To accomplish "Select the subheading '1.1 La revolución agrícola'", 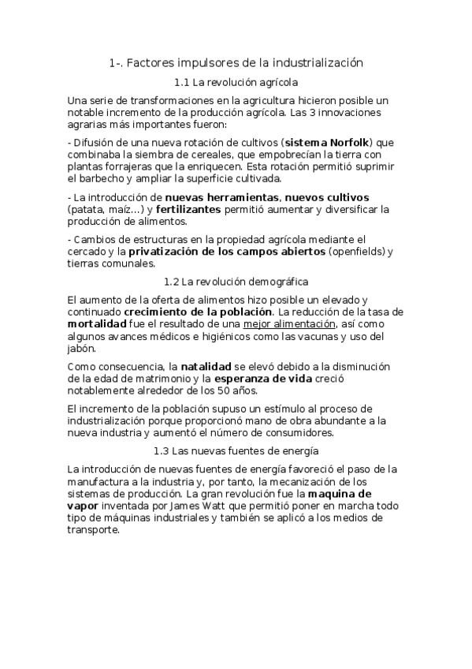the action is coord(236,81).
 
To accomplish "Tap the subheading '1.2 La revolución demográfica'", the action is coord(236,281).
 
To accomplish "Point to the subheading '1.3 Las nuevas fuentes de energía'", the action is coord(236,450).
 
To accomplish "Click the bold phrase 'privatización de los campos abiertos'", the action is coord(227,251).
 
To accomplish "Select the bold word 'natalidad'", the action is coord(207,366).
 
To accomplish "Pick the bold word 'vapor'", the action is coord(84,506).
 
